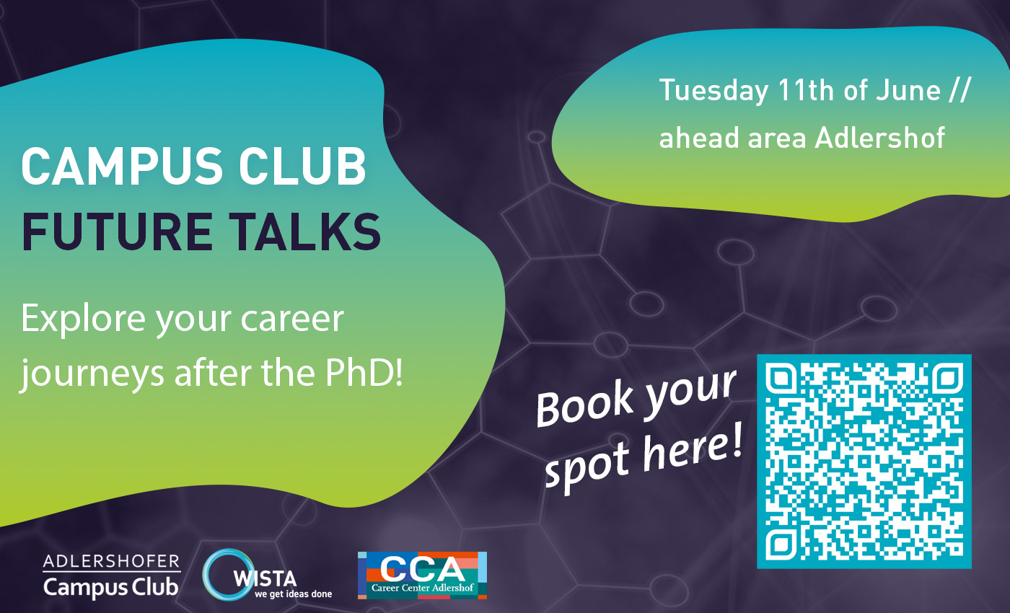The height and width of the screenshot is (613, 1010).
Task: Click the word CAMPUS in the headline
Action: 122,166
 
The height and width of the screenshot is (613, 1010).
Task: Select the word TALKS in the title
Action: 304,231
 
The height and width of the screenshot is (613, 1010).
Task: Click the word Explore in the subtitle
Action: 83,319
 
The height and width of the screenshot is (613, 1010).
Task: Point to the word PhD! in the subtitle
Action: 364,373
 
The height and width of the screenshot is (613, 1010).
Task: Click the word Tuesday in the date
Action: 713,91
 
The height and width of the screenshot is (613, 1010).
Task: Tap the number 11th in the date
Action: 806,90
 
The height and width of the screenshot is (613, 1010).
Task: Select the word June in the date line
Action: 908,90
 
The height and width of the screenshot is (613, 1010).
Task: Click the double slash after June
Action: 959,90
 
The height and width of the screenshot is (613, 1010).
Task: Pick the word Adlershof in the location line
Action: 879,137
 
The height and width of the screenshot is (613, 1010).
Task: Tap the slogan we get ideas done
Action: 293,594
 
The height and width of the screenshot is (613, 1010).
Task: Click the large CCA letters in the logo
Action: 423,569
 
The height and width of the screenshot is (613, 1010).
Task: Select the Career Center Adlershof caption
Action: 423,588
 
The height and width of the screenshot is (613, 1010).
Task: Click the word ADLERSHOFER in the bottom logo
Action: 111,562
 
